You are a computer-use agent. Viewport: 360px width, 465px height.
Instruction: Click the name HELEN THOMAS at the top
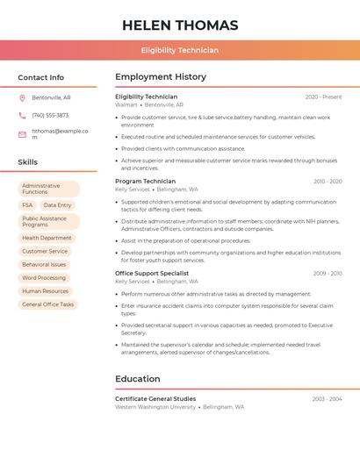tap(180, 25)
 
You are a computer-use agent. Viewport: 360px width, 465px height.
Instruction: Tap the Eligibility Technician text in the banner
tap(180, 50)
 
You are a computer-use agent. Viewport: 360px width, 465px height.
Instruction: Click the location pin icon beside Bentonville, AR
tap(22, 97)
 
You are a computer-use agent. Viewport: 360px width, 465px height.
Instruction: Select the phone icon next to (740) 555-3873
tap(22, 115)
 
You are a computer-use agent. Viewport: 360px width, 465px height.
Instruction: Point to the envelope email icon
tap(22, 134)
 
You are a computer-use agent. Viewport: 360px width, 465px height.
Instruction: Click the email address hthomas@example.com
tap(60, 134)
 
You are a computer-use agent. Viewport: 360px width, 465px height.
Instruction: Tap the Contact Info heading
tap(41, 77)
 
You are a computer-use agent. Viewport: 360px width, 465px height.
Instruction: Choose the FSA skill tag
tap(27, 205)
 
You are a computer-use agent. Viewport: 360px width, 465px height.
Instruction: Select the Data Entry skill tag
tap(57, 205)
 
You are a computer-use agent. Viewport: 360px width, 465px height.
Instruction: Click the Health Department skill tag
tap(47, 238)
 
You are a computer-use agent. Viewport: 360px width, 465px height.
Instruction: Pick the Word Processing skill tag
tap(44, 278)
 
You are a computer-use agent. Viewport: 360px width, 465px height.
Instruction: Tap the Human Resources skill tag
tap(45, 291)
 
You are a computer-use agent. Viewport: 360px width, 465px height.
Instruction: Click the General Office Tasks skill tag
tap(48, 304)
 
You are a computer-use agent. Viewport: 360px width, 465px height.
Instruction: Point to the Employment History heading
tap(161, 77)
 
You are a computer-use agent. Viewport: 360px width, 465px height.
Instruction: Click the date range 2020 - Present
tap(323, 97)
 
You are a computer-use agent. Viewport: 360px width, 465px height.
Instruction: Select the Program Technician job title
tap(145, 182)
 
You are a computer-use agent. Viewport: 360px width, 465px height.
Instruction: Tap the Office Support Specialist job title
tap(152, 274)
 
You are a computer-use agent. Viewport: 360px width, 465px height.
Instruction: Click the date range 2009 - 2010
tap(327, 274)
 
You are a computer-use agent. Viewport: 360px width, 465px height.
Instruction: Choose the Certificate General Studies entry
tap(155, 399)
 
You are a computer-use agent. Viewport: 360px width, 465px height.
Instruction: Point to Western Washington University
tap(155, 407)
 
